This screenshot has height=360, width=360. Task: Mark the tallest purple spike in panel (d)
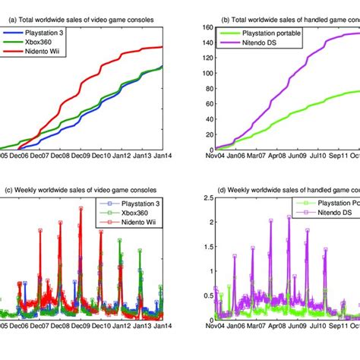289,218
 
